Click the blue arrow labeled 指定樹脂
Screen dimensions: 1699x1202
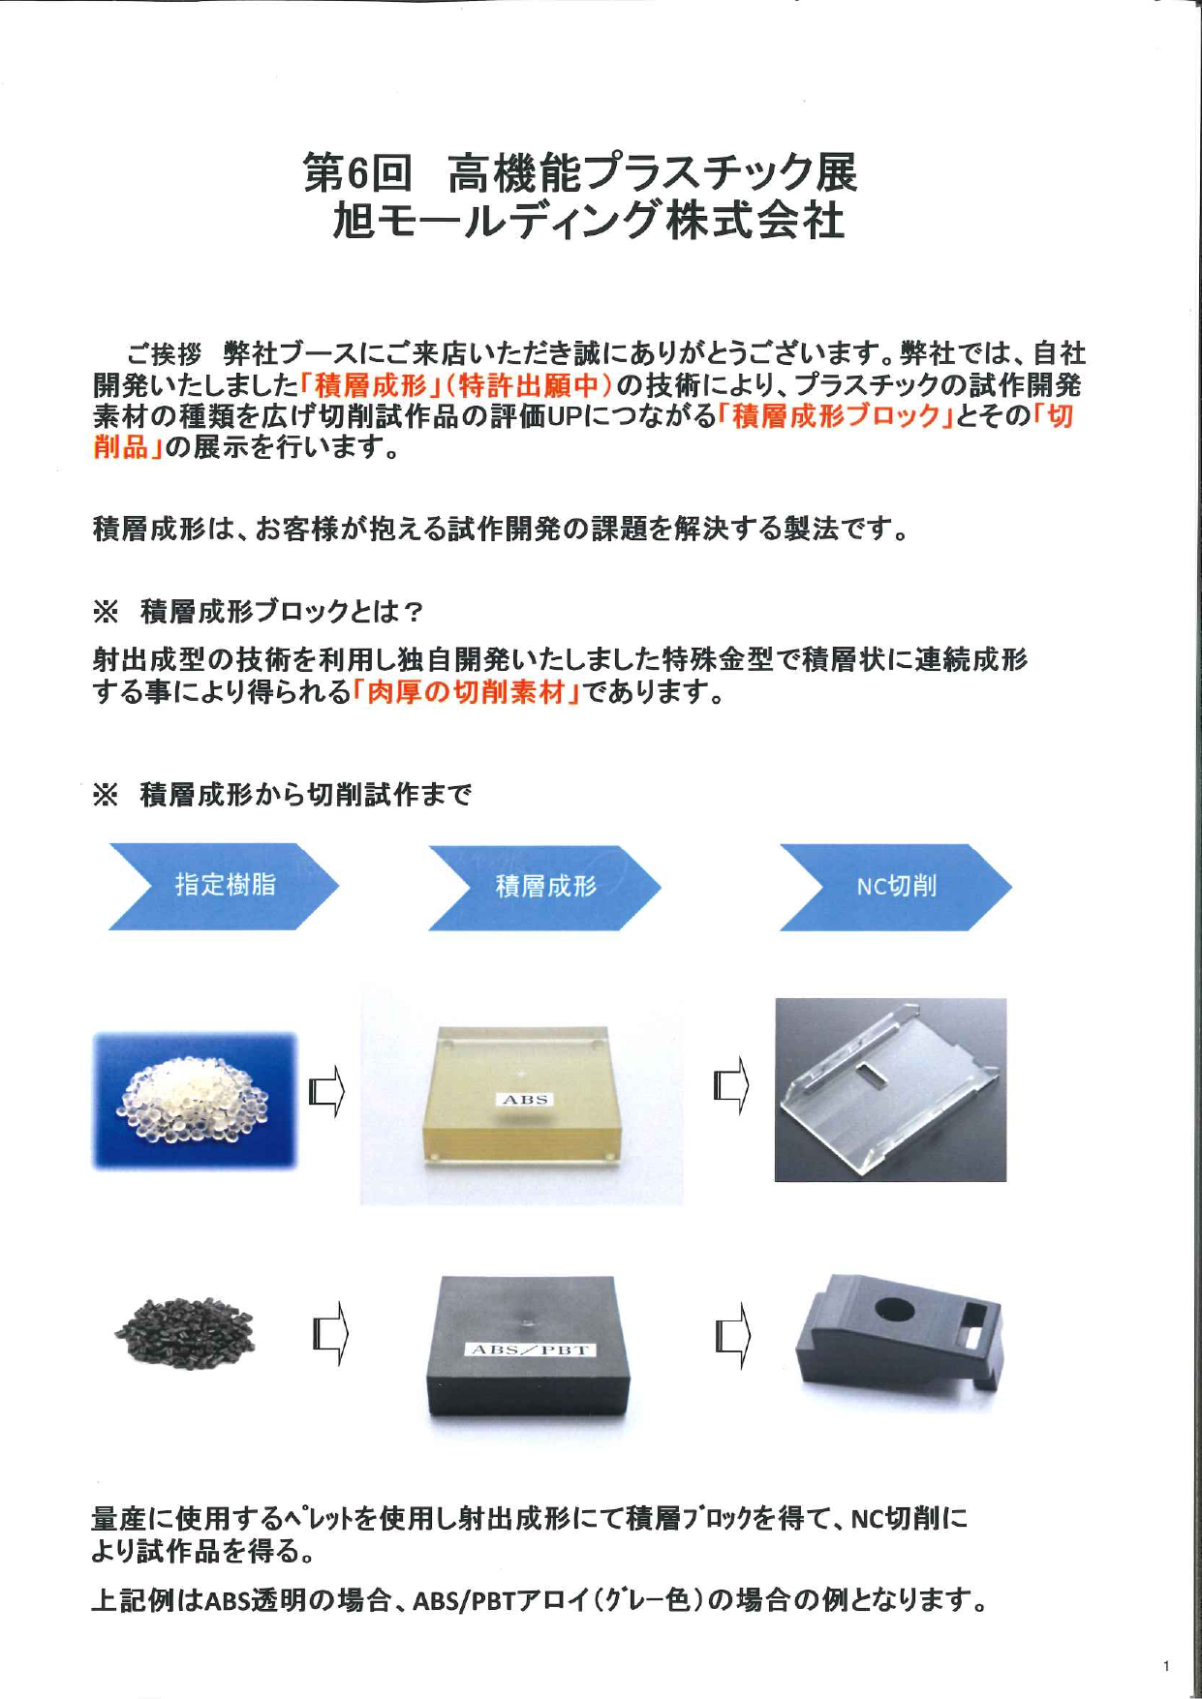[224, 886]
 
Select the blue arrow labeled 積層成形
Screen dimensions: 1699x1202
[544, 887]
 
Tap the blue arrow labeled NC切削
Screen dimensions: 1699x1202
[895, 887]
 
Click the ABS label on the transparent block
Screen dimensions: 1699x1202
[526, 1100]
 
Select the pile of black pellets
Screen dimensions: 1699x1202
[185, 1333]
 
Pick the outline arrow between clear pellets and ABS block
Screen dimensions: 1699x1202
[327, 1092]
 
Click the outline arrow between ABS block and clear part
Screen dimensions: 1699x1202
[731, 1085]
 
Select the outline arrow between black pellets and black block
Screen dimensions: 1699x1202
[330, 1335]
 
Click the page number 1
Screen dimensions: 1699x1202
[1166, 1666]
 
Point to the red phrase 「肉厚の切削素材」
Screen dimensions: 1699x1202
[466, 692]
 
